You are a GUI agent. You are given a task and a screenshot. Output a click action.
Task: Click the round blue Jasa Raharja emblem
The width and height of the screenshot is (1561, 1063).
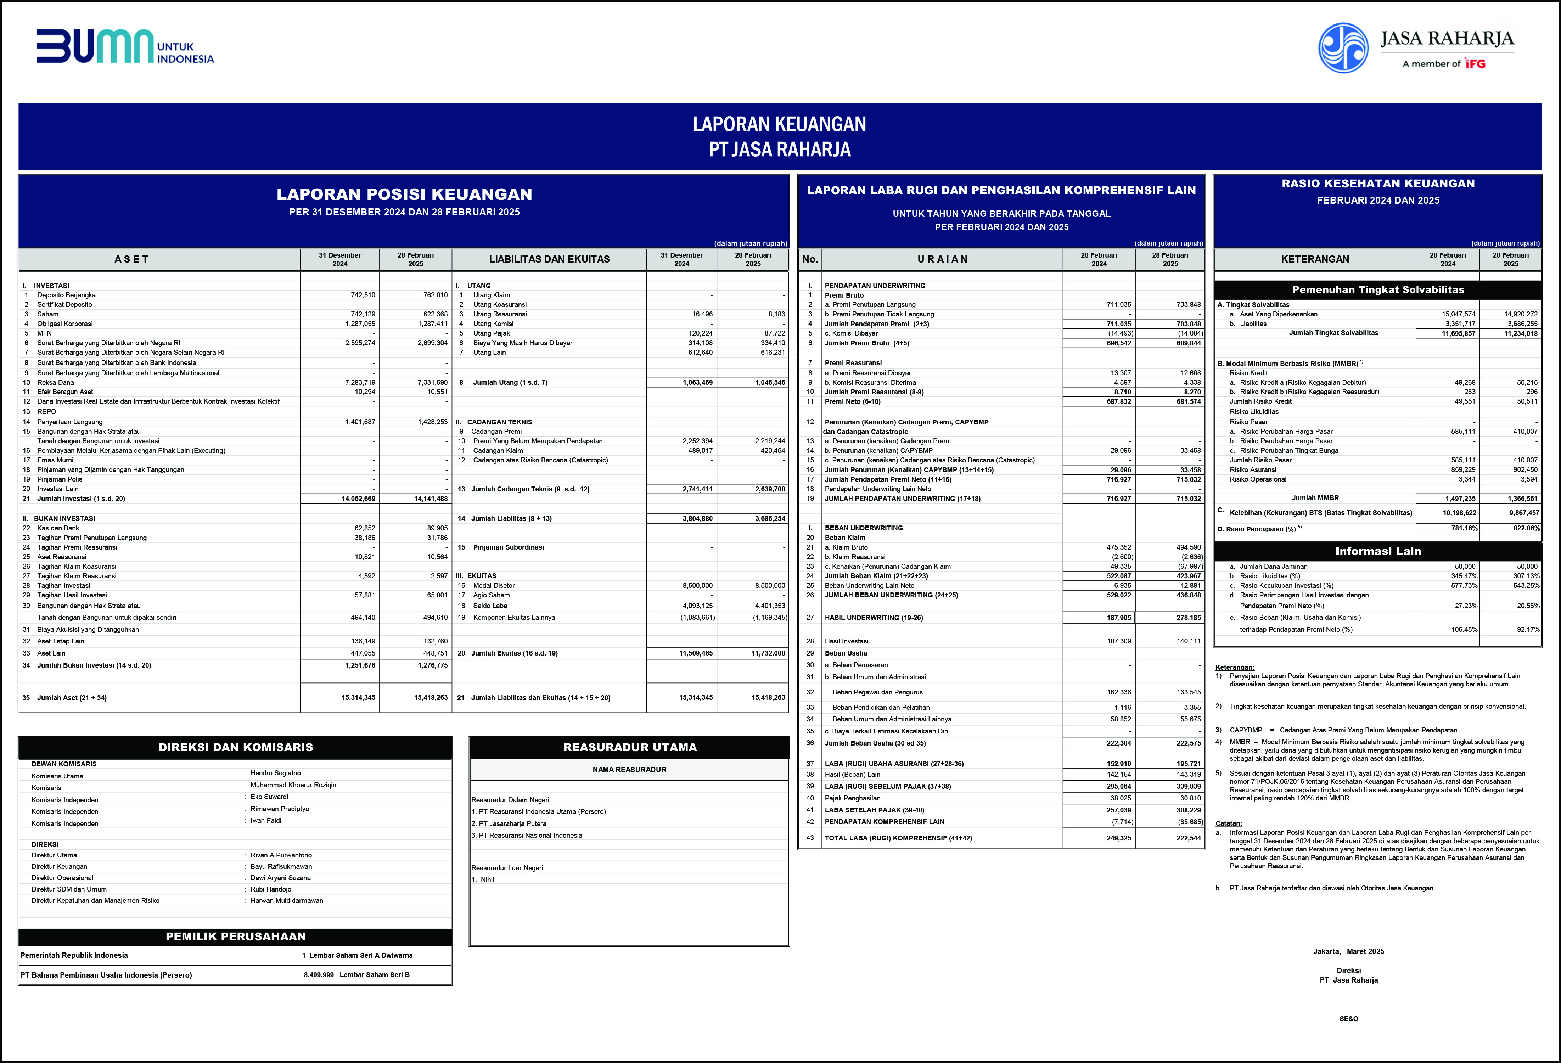(1343, 48)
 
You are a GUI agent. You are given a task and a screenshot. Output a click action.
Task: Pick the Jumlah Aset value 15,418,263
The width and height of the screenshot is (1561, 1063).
(431, 698)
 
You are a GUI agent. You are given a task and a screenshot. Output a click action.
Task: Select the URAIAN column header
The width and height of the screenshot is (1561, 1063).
(942, 259)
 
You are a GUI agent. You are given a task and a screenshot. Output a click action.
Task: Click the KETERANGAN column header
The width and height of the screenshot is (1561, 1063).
(1314, 259)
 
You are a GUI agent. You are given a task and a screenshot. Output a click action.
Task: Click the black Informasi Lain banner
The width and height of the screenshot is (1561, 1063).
(1378, 551)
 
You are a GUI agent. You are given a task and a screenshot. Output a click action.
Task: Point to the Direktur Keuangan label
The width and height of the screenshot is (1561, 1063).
(59, 866)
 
